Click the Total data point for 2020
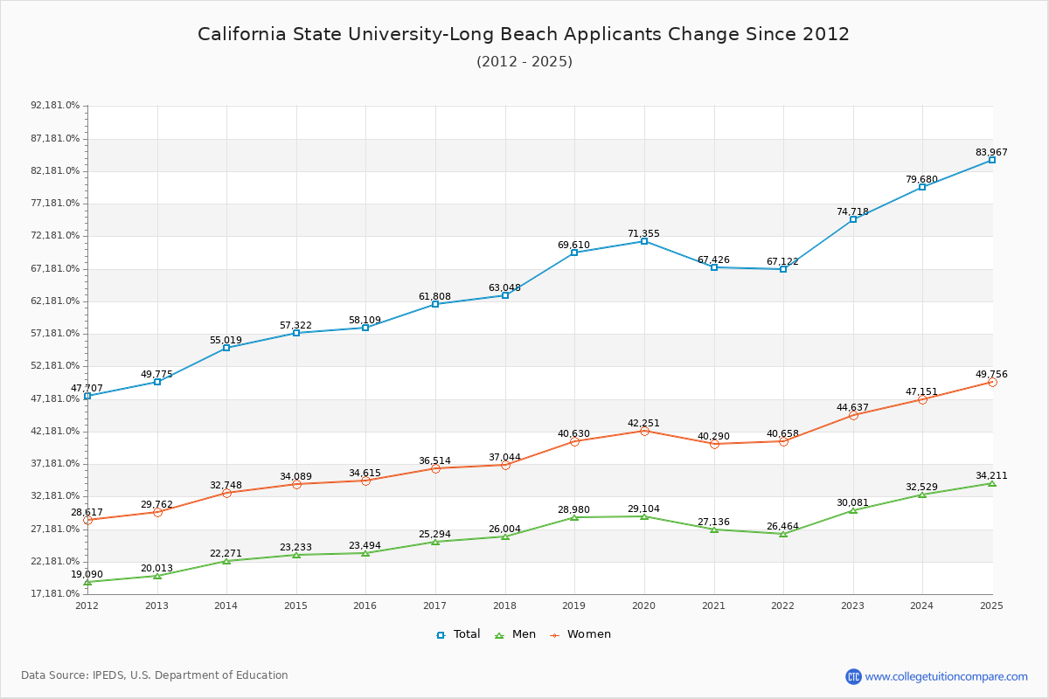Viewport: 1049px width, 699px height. pos(644,241)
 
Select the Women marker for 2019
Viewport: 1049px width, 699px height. pos(574,441)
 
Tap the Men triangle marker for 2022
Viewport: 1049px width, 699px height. pos(783,534)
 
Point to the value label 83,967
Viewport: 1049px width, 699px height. pos(991,152)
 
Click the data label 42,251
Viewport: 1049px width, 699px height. pos(643,423)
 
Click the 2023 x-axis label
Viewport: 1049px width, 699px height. pos(852,605)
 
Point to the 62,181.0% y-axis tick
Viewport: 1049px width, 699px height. pos(55,301)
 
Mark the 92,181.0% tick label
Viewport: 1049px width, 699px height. pos(55,105)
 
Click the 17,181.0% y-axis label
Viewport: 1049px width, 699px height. pos(55,593)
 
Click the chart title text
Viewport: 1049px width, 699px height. pos(524,34)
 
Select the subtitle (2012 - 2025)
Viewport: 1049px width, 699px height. pos(524,61)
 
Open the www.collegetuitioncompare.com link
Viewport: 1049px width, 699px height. pos(946,676)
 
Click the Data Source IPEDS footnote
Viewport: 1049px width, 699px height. pos(155,675)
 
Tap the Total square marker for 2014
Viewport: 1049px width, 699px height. pos(226,348)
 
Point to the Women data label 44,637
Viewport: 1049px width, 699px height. pos(852,407)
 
